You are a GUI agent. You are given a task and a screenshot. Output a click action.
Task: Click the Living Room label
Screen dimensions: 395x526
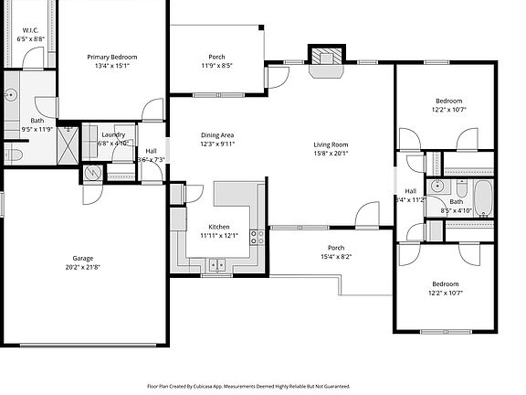(331, 144)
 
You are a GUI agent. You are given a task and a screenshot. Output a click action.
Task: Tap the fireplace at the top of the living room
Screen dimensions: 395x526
(323, 56)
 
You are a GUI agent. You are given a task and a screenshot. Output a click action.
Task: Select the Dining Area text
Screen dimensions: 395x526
(217, 135)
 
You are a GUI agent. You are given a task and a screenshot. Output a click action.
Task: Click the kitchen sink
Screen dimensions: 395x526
(217, 265)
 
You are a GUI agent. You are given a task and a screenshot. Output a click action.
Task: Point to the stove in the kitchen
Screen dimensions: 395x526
(258, 240)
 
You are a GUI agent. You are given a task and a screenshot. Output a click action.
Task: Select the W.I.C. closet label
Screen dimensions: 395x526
(30, 31)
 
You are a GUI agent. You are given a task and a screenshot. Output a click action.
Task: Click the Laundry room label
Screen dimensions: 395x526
(113, 134)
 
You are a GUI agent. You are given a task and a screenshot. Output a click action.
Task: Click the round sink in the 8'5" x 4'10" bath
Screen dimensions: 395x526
(439, 187)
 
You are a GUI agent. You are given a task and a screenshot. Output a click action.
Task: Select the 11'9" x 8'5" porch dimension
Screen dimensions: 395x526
(217, 66)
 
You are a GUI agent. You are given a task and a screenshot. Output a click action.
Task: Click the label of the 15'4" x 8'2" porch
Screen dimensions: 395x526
(336, 248)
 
